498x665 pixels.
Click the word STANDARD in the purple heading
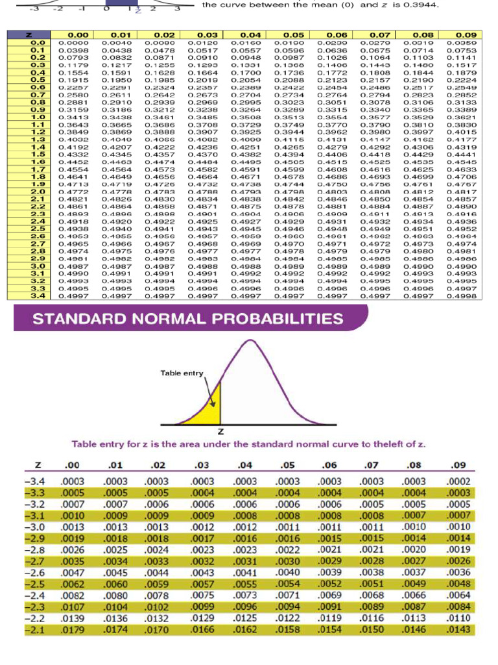(x=76, y=320)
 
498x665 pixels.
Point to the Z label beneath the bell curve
(x=222, y=431)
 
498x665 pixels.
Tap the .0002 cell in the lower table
(x=458, y=481)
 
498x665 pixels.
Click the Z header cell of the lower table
(x=38, y=464)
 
